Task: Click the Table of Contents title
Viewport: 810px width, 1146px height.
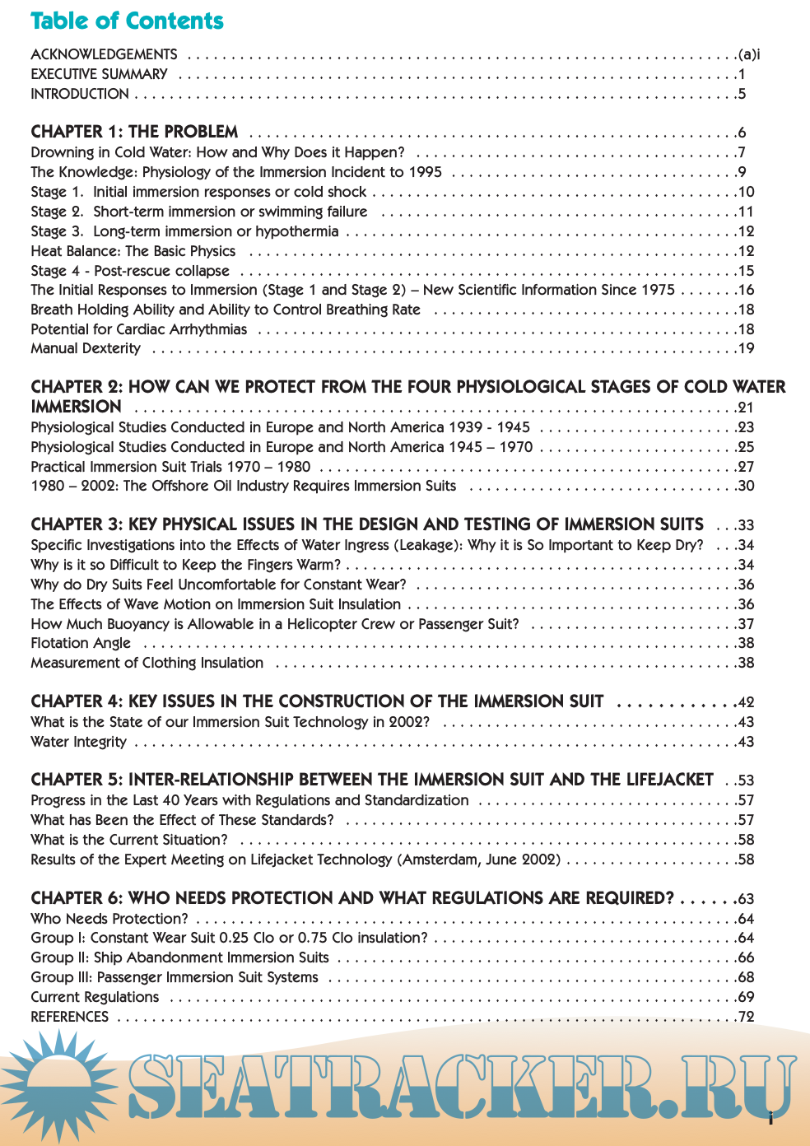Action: [x=127, y=21]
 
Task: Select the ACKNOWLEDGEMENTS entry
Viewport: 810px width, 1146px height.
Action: [x=104, y=55]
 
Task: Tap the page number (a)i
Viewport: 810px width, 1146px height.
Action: [x=749, y=55]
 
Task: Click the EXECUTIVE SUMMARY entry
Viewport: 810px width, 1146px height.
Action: [x=99, y=75]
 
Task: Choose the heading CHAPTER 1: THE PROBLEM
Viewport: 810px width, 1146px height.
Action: [x=134, y=133]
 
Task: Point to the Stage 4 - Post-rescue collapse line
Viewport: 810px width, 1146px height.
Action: [x=130, y=271]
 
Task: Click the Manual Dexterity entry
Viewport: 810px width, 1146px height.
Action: [x=86, y=349]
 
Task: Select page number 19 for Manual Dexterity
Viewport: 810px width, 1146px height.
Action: [x=747, y=349]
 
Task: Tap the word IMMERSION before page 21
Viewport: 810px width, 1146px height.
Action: [x=76, y=408]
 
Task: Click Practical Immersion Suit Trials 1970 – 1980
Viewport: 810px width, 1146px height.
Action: [x=170, y=467]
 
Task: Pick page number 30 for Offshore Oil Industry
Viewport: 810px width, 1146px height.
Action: [x=747, y=487]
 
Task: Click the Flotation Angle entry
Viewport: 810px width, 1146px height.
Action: [x=81, y=644]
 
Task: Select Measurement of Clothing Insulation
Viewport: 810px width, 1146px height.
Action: [x=147, y=664]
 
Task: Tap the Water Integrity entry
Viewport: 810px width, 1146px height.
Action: [x=79, y=743]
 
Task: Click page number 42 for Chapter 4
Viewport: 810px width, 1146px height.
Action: [x=747, y=703]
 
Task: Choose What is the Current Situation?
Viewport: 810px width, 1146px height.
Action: [x=129, y=841]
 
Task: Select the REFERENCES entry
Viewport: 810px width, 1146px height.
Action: [x=70, y=1018]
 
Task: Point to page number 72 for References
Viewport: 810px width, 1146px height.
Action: [x=747, y=1018]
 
